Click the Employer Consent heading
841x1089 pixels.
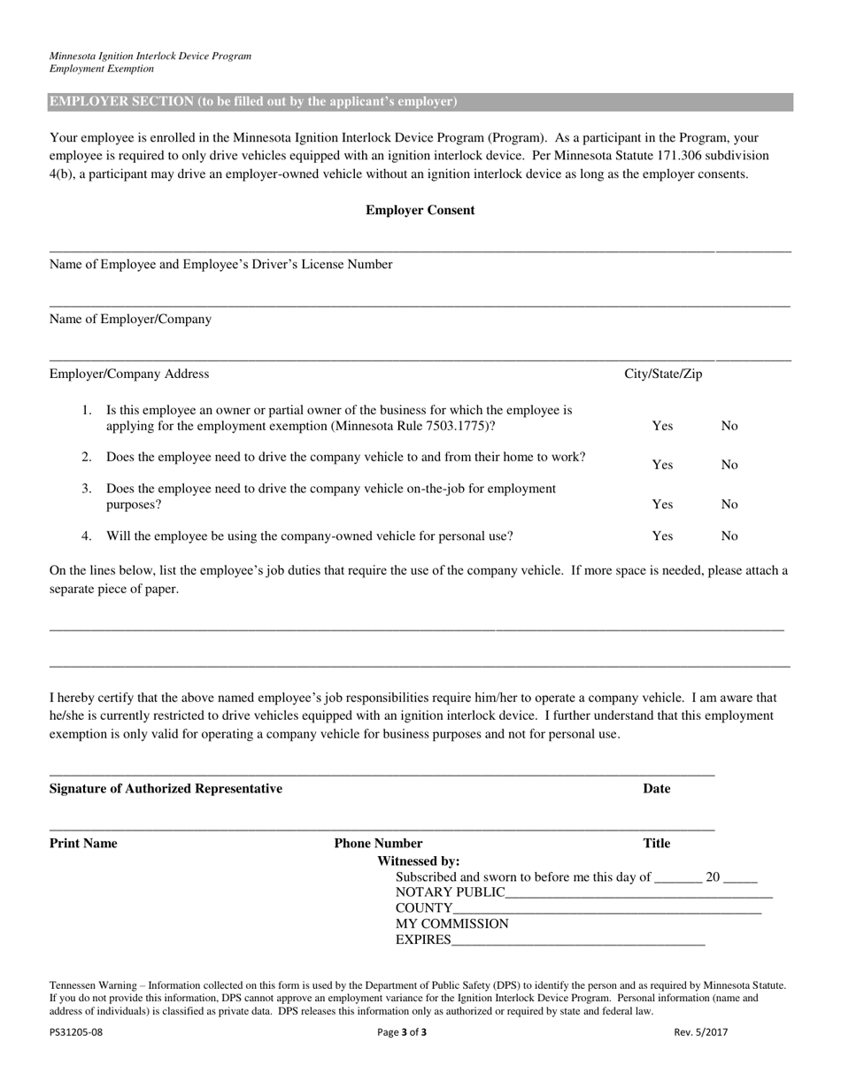click(x=420, y=211)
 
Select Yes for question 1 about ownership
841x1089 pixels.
click(x=662, y=426)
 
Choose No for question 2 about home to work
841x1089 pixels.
click(x=729, y=465)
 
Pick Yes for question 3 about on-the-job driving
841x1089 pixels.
click(x=662, y=505)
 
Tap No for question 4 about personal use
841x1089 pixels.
click(x=729, y=536)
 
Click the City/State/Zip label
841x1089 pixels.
click(x=663, y=374)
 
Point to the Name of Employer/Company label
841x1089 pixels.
click(x=130, y=320)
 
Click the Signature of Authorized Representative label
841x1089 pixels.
click(x=166, y=789)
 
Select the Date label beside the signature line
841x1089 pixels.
click(x=656, y=789)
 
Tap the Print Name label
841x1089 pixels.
click(x=83, y=844)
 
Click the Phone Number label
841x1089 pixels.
click(x=378, y=844)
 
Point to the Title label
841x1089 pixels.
click(x=656, y=844)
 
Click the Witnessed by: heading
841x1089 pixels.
click(x=418, y=861)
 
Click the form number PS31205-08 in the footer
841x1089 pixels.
click(x=76, y=1031)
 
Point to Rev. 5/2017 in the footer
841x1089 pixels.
click(x=700, y=1031)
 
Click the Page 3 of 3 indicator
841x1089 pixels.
click(x=402, y=1031)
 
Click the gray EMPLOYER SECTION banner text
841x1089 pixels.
click(x=253, y=102)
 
